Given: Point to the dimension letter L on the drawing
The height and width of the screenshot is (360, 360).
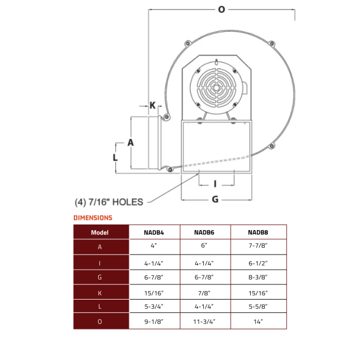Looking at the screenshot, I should (x=115, y=156).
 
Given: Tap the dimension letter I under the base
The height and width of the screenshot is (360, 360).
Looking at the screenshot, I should (x=215, y=183).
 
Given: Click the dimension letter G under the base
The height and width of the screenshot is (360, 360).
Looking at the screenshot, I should (x=215, y=199).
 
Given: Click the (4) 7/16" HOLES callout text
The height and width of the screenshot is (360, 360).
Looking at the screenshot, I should (x=108, y=201).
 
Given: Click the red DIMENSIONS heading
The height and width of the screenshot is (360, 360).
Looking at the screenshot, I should (x=93, y=218).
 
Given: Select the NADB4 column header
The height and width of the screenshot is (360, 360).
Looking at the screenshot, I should (x=154, y=232).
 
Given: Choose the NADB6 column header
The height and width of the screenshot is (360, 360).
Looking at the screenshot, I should (x=204, y=232).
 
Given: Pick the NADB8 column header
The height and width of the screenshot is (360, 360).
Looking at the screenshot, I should (x=258, y=232).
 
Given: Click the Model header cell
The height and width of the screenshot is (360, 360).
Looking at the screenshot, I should (x=100, y=232).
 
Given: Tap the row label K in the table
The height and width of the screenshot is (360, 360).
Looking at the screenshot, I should (x=100, y=292).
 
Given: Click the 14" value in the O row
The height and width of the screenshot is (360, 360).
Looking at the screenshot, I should (x=258, y=321).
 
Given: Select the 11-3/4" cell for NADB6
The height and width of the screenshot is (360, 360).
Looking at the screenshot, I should (x=204, y=321).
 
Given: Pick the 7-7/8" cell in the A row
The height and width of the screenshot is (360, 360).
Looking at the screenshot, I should (x=258, y=247).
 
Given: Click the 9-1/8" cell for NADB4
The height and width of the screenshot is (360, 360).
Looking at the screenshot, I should (x=154, y=321).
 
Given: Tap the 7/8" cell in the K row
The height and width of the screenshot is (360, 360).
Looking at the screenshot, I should (x=204, y=292).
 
